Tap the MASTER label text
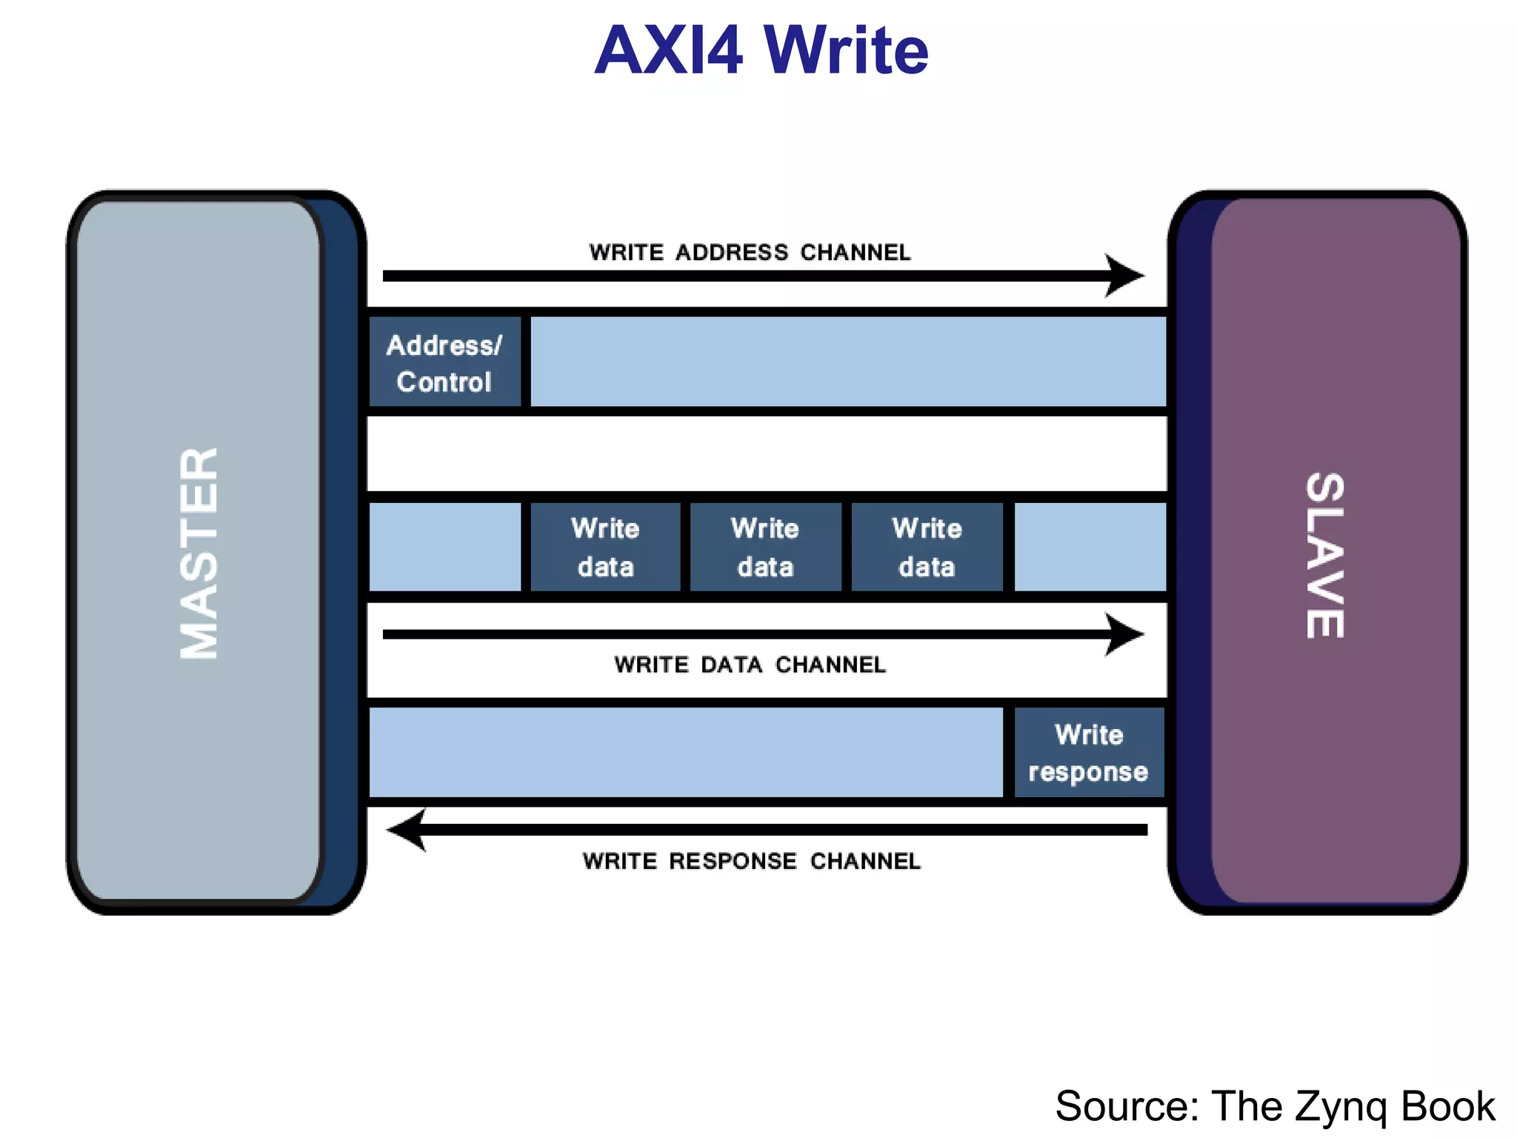click(x=199, y=553)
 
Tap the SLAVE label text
click(x=1324, y=556)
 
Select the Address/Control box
click(x=444, y=363)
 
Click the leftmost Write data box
click(x=605, y=548)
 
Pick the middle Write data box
click(x=765, y=548)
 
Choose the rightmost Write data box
click(x=927, y=548)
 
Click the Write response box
click(x=1088, y=753)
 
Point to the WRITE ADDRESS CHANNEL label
click(x=750, y=253)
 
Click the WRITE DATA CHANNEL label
click(x=750, y=665)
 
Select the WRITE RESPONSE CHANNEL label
click(x=751, y=861)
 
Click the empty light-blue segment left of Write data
click(x=444, y=548)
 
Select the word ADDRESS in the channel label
click(x=732, y=253)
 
